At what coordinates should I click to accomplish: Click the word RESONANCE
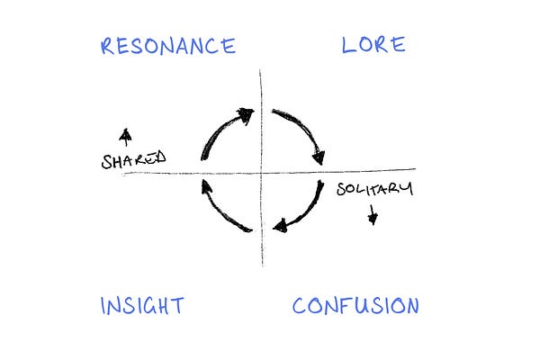pos(168,46)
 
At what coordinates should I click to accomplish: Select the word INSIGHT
pos(142,306)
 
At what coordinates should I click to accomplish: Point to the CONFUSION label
pos(355,306)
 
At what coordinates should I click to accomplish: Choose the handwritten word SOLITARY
pos(374,189)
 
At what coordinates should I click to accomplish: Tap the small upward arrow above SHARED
pos(125,137)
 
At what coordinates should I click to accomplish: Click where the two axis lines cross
pos(262,170)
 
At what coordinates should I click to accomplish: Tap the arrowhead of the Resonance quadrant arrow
pos(246,114)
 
